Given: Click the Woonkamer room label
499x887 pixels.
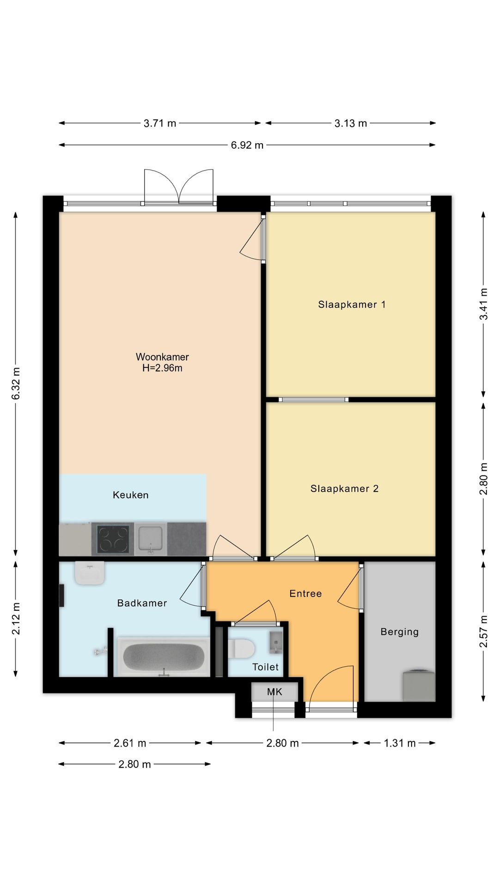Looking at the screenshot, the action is (x=162, y=357).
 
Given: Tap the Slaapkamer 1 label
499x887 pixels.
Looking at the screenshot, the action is (x=352, y=305).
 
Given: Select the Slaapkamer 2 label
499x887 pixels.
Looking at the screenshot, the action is (x=345, y=489).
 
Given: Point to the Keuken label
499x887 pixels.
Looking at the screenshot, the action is (x=131, y=495).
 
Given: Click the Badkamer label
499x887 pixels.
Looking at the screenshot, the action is (x=142, y=603).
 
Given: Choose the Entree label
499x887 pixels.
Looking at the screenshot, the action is (x=305, y=594).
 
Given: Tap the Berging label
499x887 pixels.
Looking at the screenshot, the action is (x=400, y=632).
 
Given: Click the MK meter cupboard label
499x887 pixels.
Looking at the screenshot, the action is (x=274, y=692).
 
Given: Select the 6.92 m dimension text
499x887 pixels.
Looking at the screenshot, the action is (x=247, y=146).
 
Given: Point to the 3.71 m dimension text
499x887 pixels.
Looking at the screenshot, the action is (x=160, y=123).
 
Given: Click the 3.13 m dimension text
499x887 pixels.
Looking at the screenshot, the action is (x=351, y=123).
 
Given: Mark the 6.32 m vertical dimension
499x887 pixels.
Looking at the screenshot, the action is (x=16, y=383).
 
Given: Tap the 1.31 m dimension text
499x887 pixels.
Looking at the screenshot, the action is (x=400, y=743).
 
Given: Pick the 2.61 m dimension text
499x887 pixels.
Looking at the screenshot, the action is (x=130, y=743).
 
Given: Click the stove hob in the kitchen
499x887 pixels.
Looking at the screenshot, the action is (x=113, y=539).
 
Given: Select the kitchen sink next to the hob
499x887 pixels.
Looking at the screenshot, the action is (x=151, y=539).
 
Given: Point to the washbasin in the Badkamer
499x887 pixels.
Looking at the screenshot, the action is (x=90, y=573).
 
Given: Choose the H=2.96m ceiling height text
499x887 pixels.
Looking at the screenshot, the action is (x=162, y=368).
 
